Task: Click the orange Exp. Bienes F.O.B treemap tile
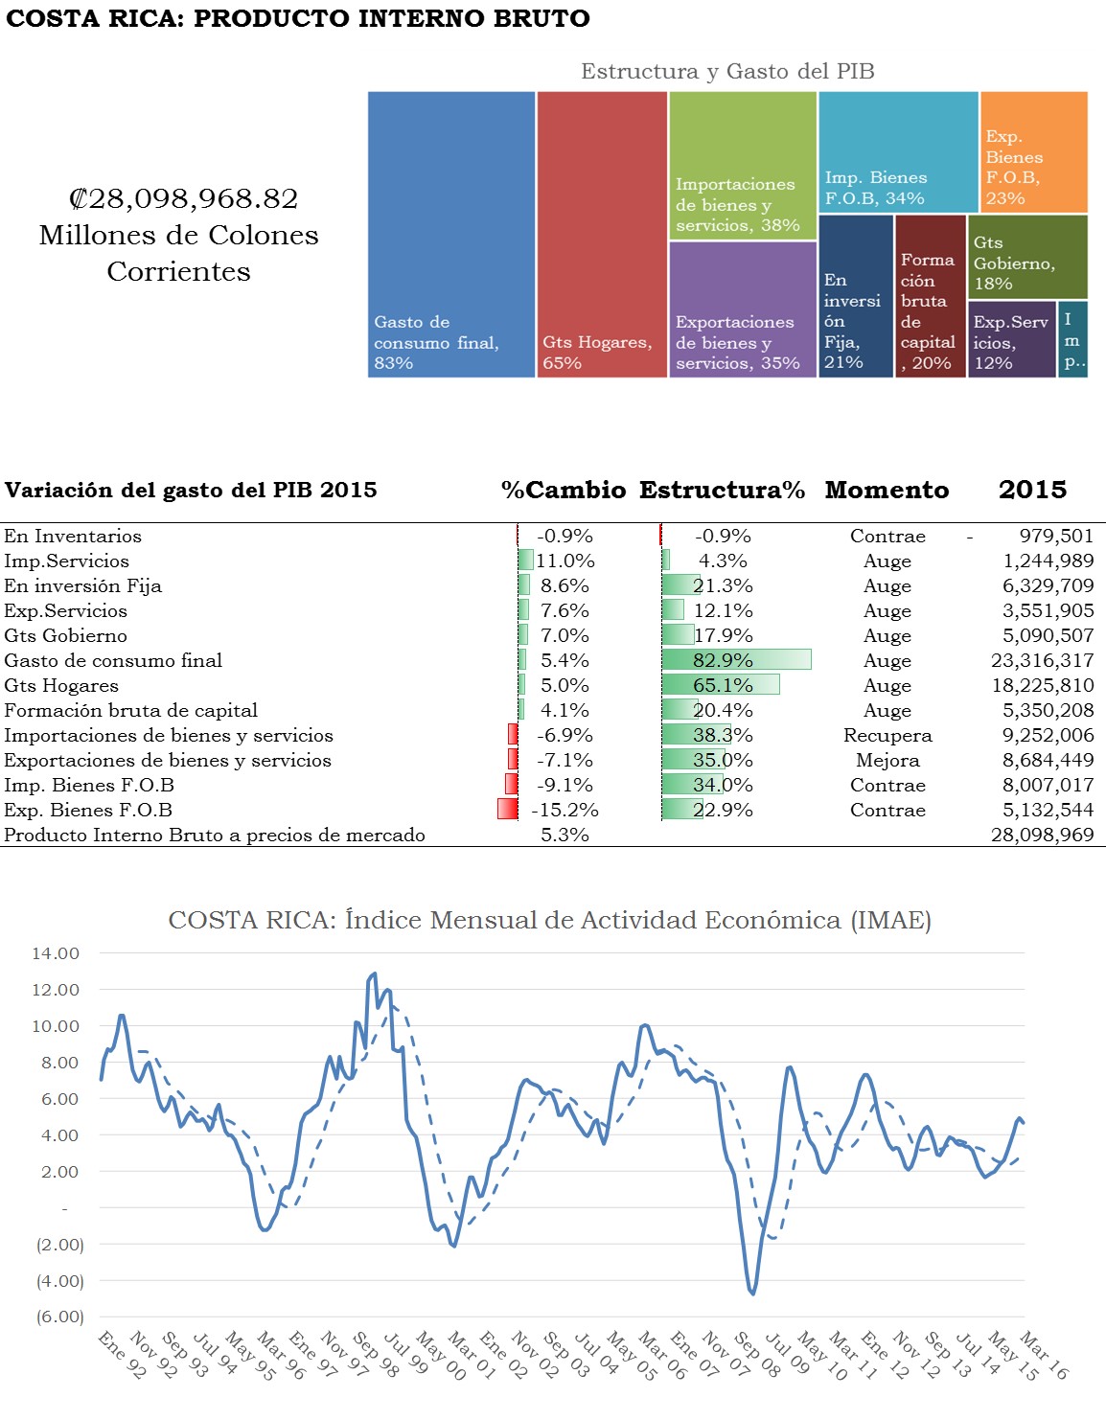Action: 1033,151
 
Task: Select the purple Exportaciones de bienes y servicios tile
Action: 742,309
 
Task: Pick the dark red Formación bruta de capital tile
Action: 930,296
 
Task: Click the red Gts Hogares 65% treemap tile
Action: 601,234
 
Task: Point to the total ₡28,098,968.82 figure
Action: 183,198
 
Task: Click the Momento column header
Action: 887,490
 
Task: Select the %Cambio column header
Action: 563,490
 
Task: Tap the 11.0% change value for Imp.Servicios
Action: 565,561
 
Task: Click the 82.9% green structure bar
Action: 736,660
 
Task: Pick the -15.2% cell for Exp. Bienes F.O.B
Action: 565,810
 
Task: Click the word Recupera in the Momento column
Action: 887,735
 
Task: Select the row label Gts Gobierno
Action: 65,635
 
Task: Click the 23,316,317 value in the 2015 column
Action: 1042,660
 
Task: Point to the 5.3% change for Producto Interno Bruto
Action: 565,835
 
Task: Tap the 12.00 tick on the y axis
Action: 56,989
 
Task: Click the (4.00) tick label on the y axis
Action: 59,1280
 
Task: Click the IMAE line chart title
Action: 549,920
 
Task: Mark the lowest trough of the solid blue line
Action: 753,1294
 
